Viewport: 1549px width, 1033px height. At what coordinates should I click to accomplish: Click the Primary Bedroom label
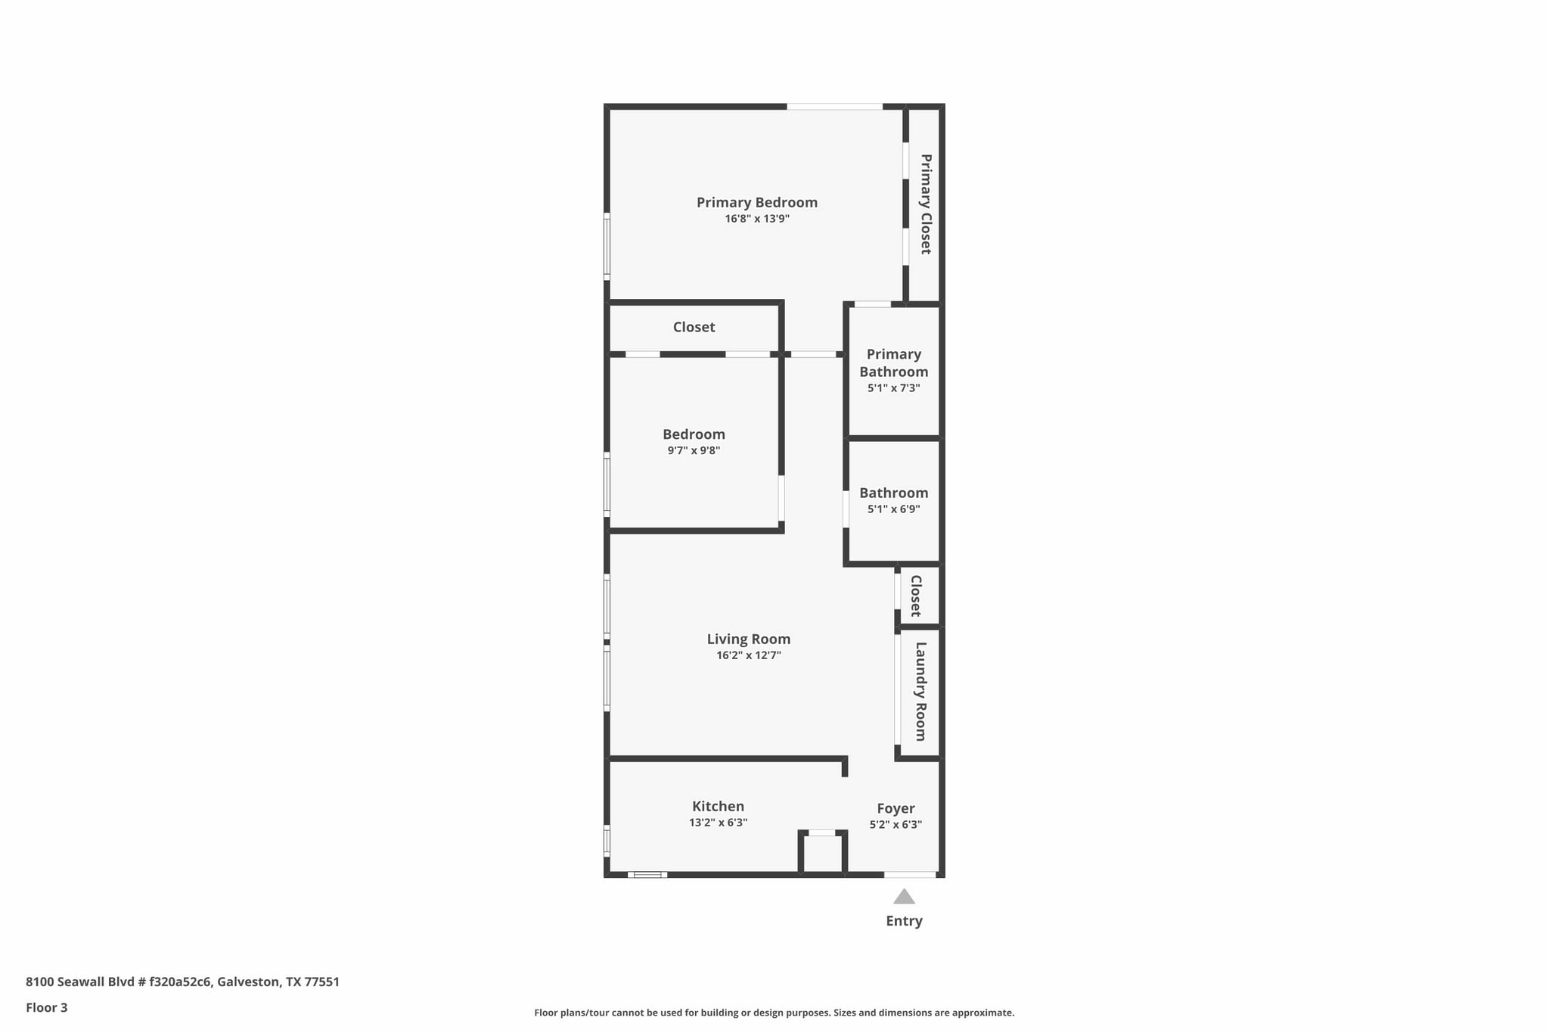(756, 202)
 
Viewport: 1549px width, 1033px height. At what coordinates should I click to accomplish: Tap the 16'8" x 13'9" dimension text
(756, 219)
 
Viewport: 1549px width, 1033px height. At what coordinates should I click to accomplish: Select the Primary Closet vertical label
(925, 204)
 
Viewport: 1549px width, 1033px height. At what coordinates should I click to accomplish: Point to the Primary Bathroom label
(893, 362)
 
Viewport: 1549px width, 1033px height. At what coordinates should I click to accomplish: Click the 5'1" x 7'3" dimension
(893, 388)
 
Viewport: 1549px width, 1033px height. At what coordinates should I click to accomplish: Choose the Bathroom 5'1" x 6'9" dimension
(893, 509)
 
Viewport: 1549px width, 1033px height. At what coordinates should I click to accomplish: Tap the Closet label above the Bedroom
(694, 327)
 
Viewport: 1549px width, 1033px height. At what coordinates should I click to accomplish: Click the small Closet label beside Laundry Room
(915, 596)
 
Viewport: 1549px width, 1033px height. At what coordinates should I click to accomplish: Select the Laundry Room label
(920, 691)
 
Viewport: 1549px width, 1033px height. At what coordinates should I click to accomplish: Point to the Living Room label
(748, 639)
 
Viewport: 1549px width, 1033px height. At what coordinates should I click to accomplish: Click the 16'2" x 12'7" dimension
(748, 655)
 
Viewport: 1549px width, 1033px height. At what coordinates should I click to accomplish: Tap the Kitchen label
(718, 806)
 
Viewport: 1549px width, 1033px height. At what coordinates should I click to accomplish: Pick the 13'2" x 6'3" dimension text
(718, 823)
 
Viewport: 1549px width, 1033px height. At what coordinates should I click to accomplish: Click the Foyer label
(896, 808)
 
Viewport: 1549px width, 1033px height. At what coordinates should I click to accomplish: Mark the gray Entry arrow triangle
(904, 898)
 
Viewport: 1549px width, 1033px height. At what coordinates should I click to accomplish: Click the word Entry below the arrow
(904, 921)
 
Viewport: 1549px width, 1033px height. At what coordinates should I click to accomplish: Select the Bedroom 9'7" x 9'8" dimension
(693, 450)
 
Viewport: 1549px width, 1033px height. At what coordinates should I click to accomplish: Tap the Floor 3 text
(47, 1007)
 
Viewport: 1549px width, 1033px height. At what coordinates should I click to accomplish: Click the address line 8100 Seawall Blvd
(182, 982)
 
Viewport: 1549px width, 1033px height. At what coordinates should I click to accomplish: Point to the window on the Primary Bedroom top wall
(834, 107)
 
